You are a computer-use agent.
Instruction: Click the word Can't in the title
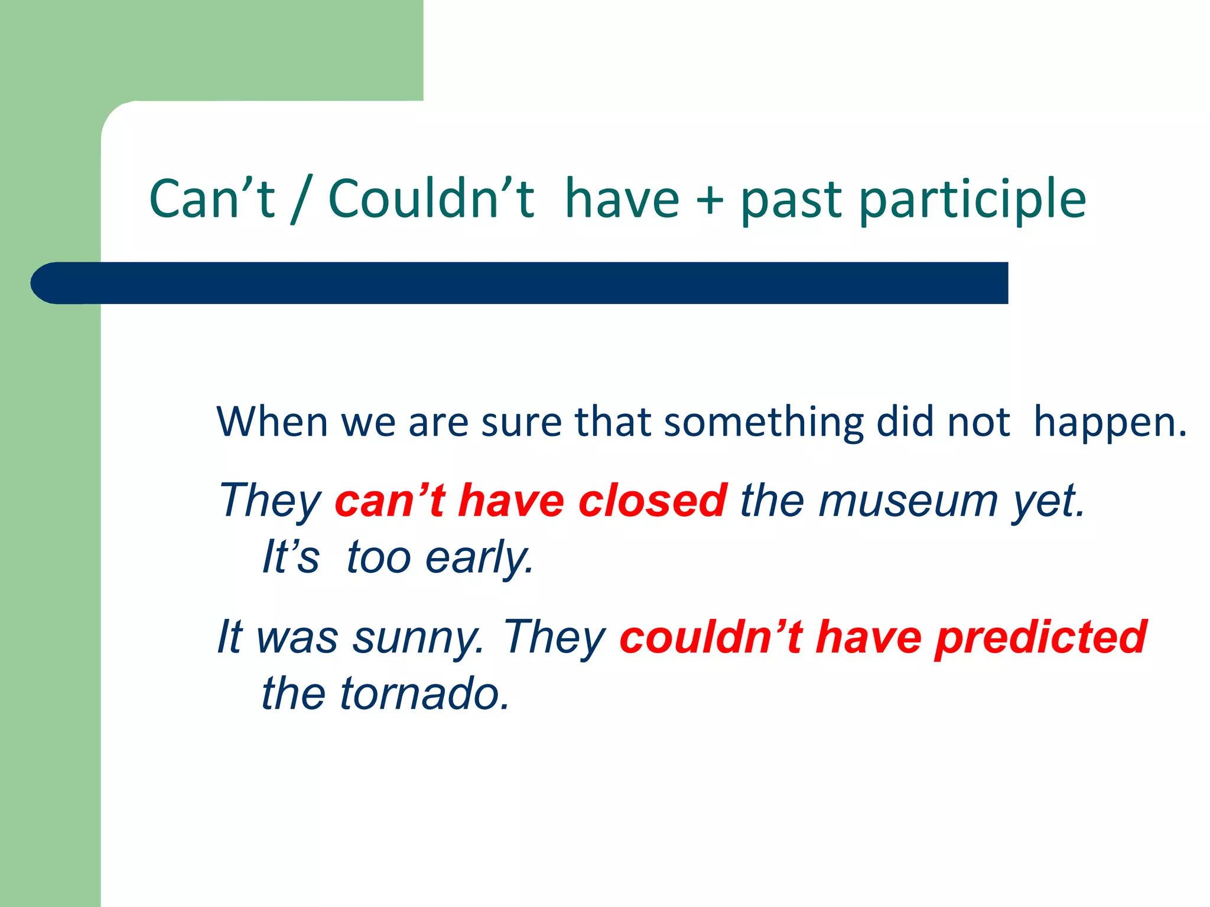212,199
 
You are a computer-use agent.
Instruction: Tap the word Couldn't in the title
431,199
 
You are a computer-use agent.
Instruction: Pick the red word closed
652,501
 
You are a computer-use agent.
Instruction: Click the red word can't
389,501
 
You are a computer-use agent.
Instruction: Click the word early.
479,557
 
